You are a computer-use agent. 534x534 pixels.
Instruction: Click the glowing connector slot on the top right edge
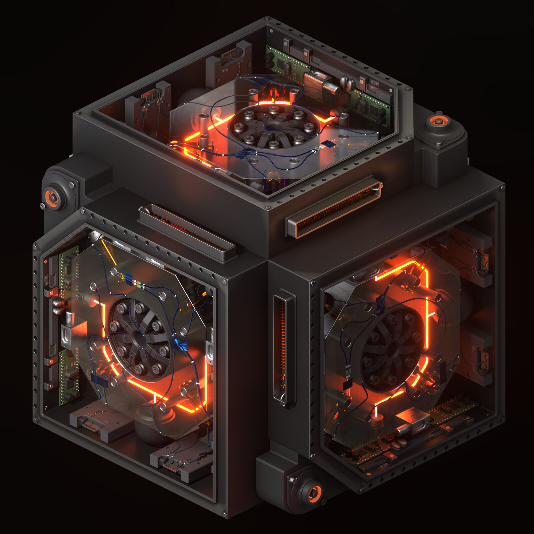334,210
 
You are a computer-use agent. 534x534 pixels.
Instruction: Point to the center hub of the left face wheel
138,339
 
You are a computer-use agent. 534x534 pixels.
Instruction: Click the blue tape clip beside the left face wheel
180,345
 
